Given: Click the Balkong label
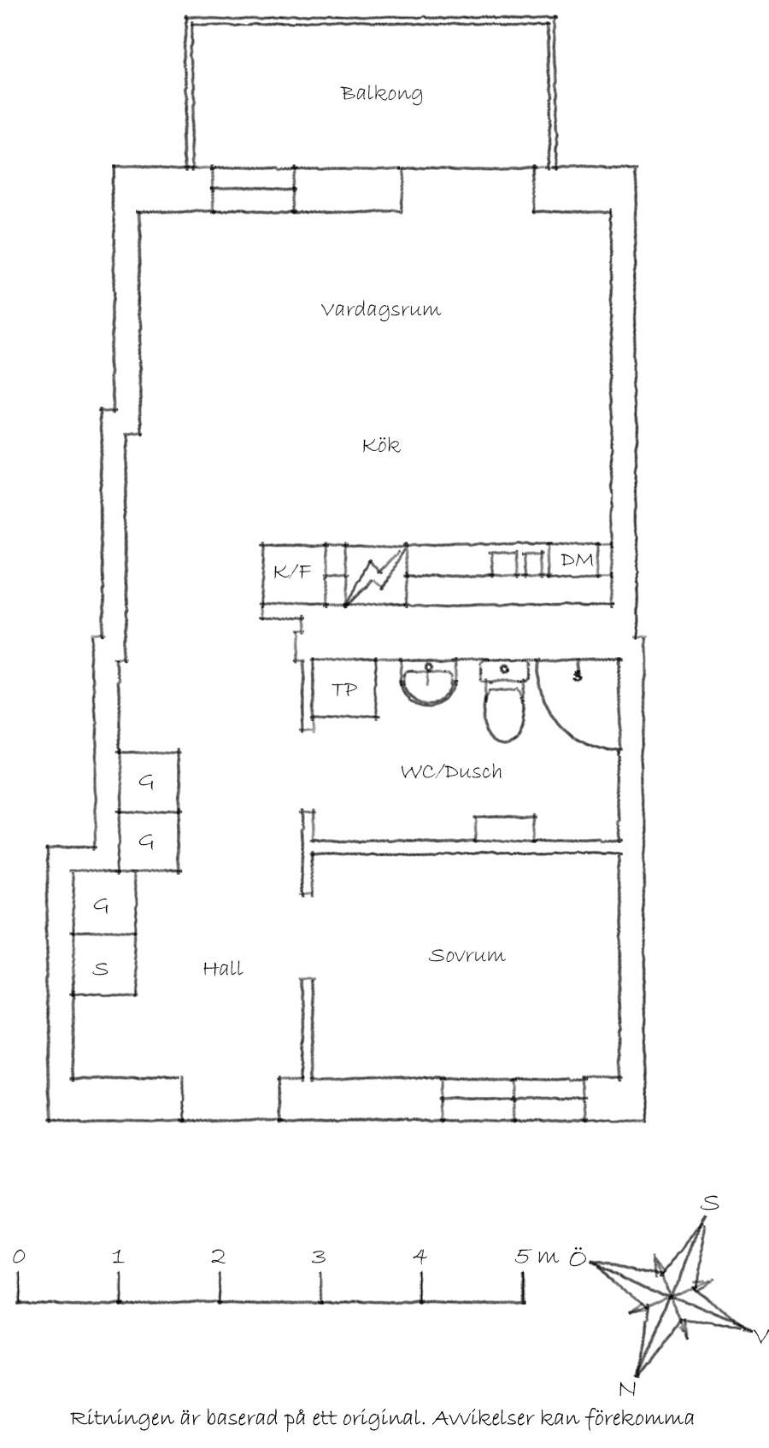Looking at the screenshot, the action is pyautogui.click(x=382, y=94).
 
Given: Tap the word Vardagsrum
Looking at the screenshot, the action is pyautogui.click(x=381, y=309).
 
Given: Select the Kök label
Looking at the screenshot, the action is pyautogui.click(x=381, y=445).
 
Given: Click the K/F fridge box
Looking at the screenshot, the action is pyautogui.click(x=292, y=574).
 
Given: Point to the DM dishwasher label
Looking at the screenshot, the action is pyautogui.click(x=577, y=560).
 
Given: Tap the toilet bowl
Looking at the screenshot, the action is pyautogui.click(x=506, y=714).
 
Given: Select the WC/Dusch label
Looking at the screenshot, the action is pyautogui.click(x=451, y=771).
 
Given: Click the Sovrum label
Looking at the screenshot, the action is pyautogui.click(x=467, y=955).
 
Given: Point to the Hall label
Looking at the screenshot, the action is pyautogui.click(x=223, y=968).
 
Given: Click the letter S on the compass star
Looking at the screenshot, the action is pyautogui.click(x=711, y=1202).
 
